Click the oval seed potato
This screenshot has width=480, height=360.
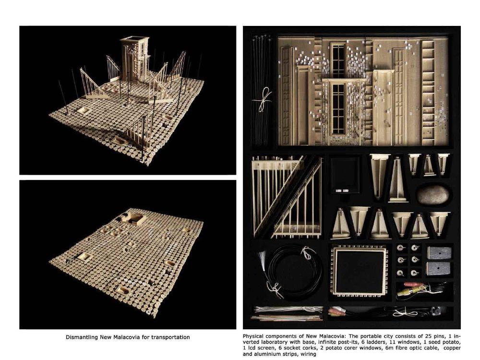433,195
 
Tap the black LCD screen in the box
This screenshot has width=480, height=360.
344,174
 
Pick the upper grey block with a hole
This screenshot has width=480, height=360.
439,253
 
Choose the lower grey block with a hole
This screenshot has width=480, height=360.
439,268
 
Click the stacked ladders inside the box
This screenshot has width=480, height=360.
287,197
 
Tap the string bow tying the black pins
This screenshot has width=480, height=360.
263,99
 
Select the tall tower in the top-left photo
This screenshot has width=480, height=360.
134,59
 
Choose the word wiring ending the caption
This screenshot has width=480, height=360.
308,354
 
